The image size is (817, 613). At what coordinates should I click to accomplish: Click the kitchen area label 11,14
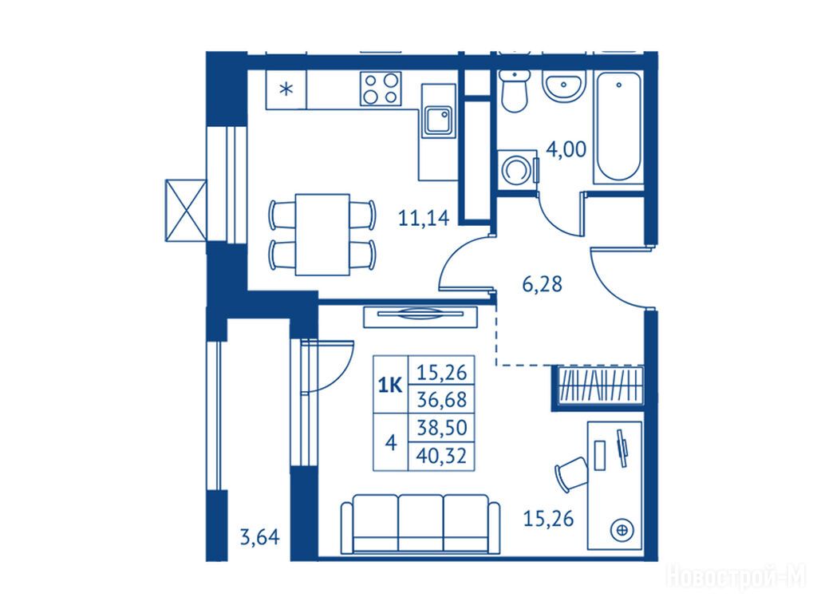point(423,218)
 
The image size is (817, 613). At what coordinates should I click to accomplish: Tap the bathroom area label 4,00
point(566,149)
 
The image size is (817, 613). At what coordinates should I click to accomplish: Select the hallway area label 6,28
point(542,285)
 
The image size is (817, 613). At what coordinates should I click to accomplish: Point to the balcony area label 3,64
point(259,536)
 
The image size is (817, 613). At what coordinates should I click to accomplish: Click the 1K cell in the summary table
point(390,386)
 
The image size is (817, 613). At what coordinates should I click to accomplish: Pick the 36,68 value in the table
point(442,400)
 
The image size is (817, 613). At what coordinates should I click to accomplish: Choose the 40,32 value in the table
point(441,456)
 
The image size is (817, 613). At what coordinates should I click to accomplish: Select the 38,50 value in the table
point(442,428)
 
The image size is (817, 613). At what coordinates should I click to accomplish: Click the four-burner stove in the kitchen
point(381,89)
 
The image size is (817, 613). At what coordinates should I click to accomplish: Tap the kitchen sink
point(438,121)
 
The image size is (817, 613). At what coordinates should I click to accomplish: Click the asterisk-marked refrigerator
point(286,89)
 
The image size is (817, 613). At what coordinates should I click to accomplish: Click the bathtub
point(618,127)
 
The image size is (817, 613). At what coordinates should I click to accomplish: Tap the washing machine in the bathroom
point(517,170)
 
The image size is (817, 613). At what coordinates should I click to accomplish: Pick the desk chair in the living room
point(571,473)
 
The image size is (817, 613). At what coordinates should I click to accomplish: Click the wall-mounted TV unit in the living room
point(420,316)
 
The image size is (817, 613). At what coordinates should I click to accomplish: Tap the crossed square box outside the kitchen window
point(185,211)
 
